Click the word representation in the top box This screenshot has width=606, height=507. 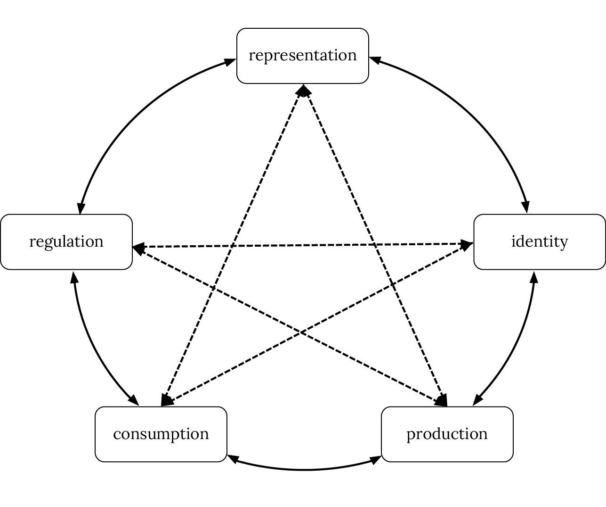click(x=302, y=55)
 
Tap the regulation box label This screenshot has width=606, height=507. click(x=66, y=241)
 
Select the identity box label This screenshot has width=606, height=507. click(x=540, y=241)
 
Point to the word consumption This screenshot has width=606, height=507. click(x=161, y=434)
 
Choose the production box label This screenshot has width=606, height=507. click(x=447, y=434)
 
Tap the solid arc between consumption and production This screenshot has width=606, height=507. click(x=304, y=470)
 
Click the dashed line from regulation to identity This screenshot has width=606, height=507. click(x=301, y=245)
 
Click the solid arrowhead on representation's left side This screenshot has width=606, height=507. click(x=231, y=62)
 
